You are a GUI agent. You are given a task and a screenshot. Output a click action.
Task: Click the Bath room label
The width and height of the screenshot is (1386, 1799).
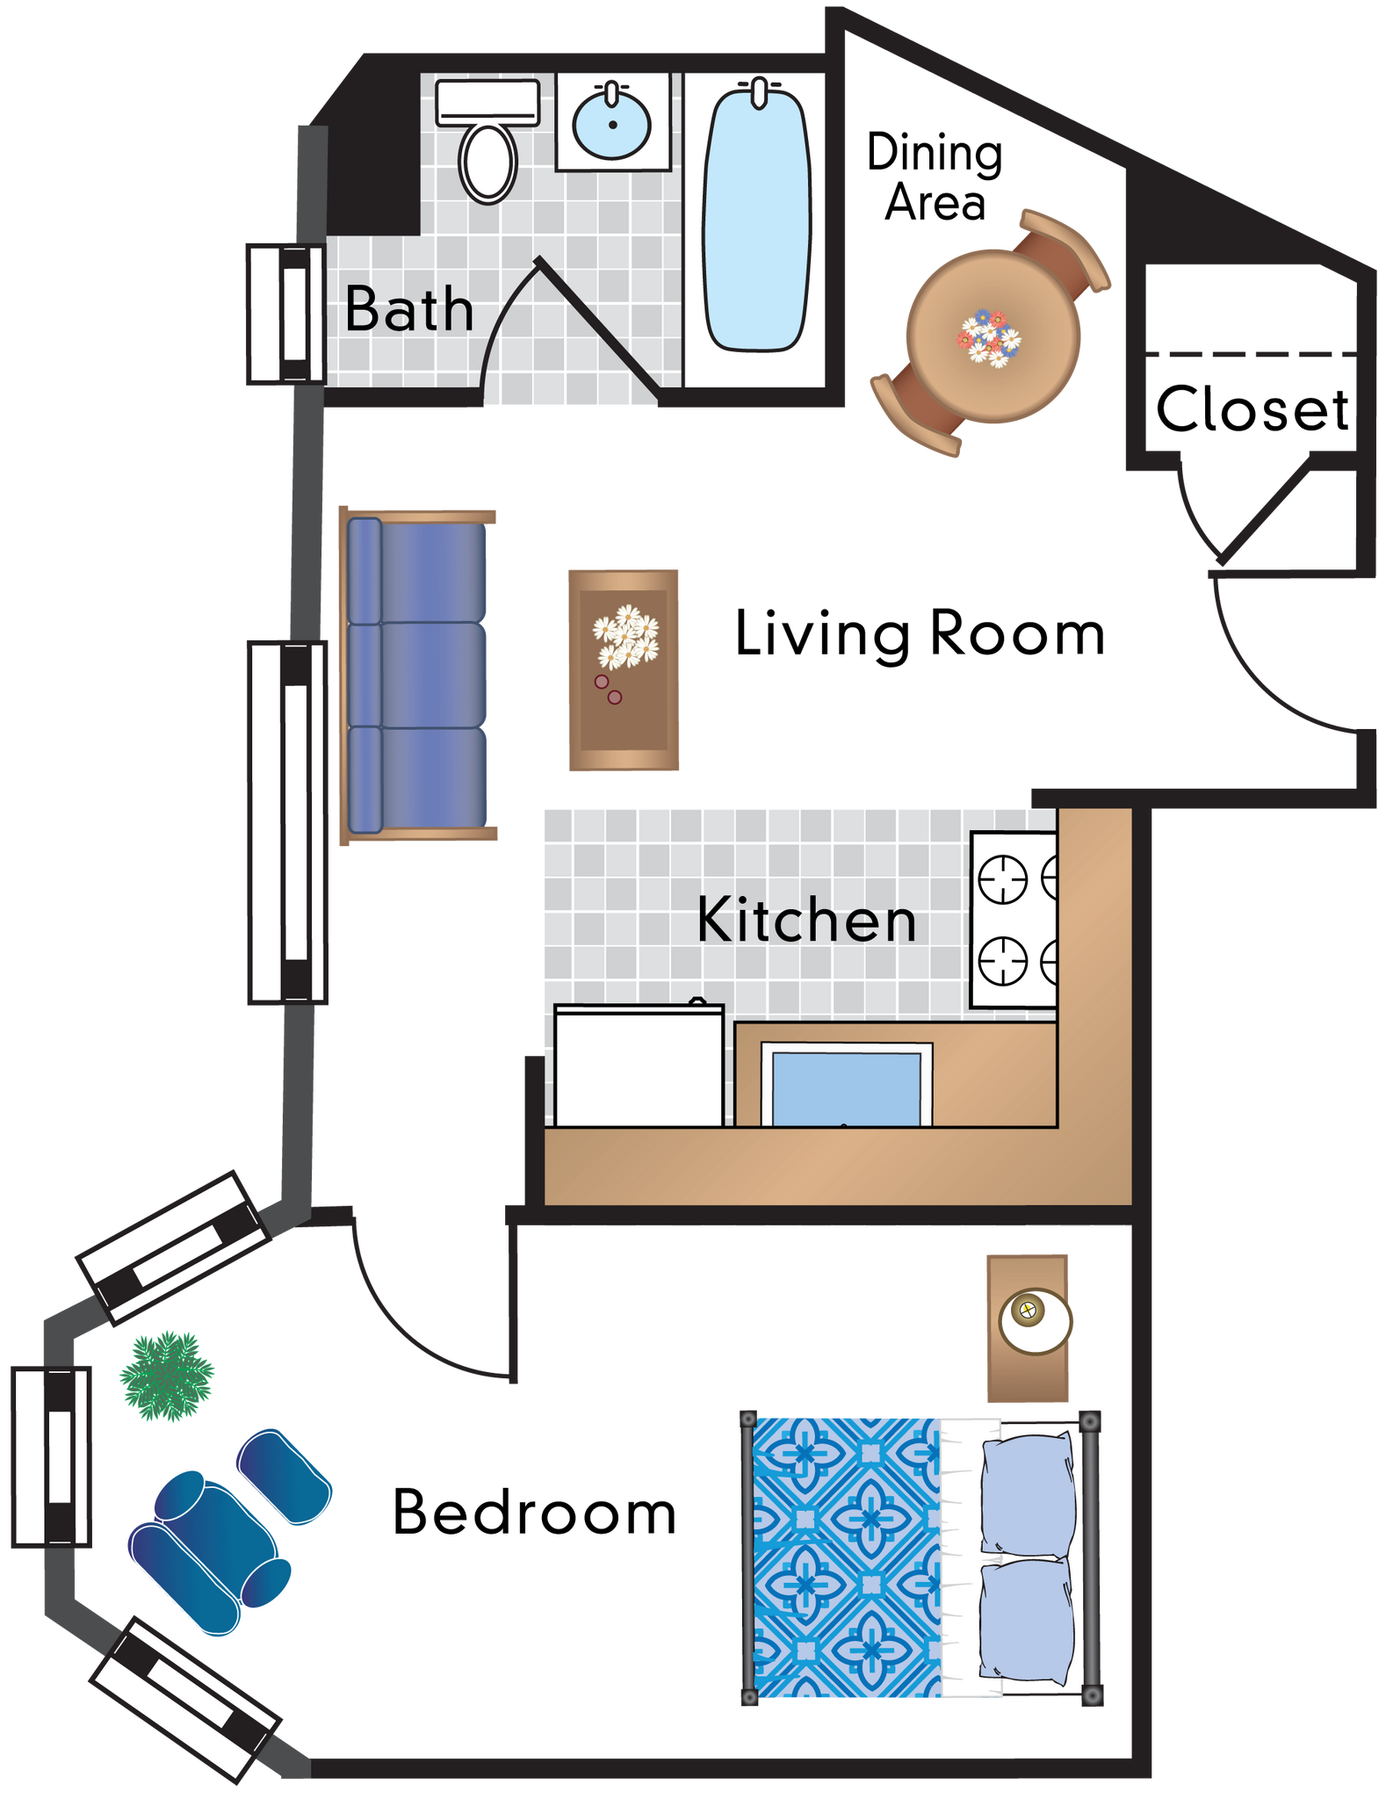coord(408,309)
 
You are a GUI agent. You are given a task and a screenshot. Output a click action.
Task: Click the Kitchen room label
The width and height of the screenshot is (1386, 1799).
coord(806,920)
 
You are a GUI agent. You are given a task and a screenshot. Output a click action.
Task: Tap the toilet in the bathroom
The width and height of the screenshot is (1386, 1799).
coord(488,162)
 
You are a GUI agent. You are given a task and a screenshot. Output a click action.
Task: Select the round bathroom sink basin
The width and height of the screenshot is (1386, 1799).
coord(612,124)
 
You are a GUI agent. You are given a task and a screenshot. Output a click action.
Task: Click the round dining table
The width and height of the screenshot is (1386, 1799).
coord(993,336)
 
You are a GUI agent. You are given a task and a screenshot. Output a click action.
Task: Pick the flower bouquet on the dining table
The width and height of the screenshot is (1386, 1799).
coord(989,337)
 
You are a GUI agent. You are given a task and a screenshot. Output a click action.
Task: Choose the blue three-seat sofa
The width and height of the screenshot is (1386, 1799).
coord(418,676)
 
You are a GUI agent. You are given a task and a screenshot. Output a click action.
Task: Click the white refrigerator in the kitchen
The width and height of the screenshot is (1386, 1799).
coord(639,1066)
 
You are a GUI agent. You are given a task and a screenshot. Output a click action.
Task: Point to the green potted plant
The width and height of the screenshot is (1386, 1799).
coord(167,1376)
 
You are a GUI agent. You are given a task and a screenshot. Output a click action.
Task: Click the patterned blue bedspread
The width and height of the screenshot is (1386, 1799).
coord(846,1557)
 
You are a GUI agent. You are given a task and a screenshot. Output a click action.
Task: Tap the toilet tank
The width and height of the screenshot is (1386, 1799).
coord(487,102)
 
